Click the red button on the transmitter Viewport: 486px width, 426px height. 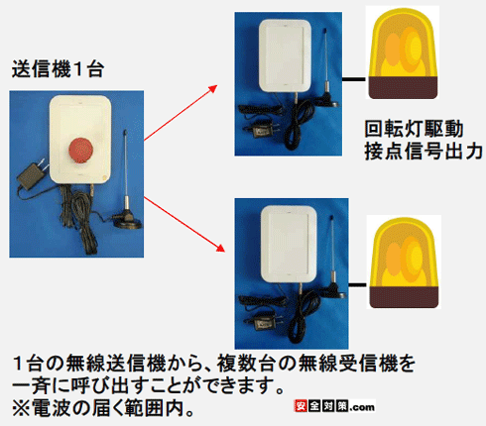click(80, 151)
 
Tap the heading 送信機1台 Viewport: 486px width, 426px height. click(58, 69)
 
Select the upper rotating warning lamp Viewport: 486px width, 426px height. click(403, 53)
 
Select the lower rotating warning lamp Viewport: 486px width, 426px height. click(404, 263)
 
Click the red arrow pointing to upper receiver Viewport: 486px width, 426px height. click(181, 113)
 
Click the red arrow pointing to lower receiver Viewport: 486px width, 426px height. click(184, 224)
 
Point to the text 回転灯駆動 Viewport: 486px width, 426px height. click(414, 129)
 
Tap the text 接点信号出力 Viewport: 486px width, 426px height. click(424, 152)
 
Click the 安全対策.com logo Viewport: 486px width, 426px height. click(334, 406)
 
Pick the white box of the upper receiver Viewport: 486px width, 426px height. click(285, 55)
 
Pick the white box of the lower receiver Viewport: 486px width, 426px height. click(289, 244)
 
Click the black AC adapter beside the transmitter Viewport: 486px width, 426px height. click(32, 174)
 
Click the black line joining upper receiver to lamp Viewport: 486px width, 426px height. click(354, 79)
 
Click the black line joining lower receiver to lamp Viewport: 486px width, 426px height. click(358, 284)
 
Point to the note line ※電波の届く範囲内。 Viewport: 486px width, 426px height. click(102, 408)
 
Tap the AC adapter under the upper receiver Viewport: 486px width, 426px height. click(262, 131)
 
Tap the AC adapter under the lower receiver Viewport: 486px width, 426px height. click(264, 322)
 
